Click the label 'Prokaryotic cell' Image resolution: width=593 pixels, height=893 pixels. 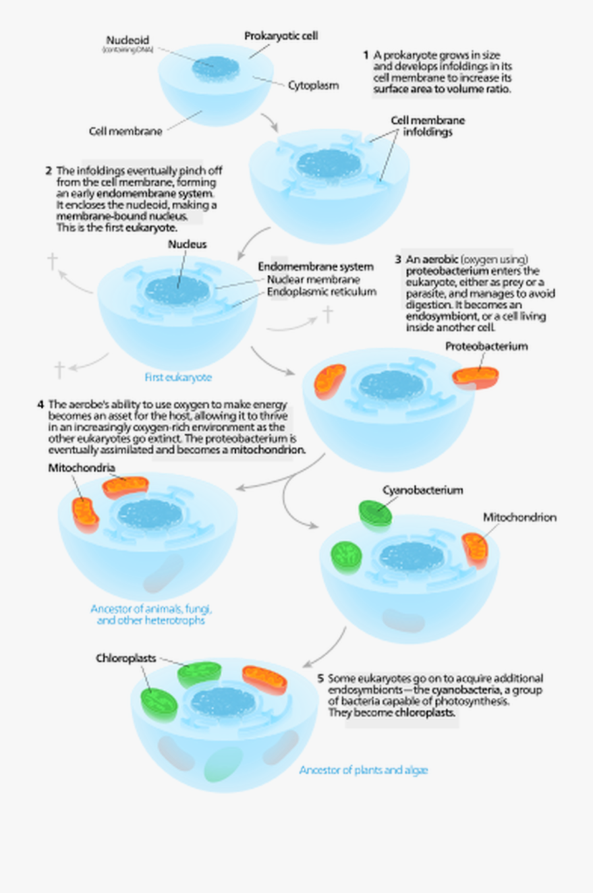[281, 36]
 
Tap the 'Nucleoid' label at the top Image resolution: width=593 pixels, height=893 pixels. [128, 40]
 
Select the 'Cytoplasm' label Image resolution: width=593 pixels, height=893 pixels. [313, 85]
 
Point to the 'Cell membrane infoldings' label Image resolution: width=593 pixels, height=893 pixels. [428, 126]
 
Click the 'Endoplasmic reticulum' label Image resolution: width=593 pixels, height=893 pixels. [322, 291]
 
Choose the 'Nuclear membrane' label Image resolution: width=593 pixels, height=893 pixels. [313, 279]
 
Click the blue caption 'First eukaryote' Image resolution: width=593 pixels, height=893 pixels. [178, 378]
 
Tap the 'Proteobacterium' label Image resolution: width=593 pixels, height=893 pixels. [486, 346]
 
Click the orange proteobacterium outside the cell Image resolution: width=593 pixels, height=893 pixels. [475, 376]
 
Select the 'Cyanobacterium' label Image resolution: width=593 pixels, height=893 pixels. [422, 490]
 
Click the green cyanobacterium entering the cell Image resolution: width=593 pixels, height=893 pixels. [376, 512]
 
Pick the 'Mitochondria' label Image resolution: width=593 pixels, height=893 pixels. [81, 468]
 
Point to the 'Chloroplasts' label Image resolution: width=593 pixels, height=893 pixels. [126, 658]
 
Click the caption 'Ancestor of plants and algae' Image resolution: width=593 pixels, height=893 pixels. [364, 770]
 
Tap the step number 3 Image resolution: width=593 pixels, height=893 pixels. [398, 260]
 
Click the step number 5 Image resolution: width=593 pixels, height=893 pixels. [320, 678]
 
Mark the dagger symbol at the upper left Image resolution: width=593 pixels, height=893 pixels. [52, 261]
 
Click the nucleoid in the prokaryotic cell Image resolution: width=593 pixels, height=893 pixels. [212, 67]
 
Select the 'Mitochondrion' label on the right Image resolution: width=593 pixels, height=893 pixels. [519, 517]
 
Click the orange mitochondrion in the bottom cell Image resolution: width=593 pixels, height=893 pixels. [264, 681]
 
